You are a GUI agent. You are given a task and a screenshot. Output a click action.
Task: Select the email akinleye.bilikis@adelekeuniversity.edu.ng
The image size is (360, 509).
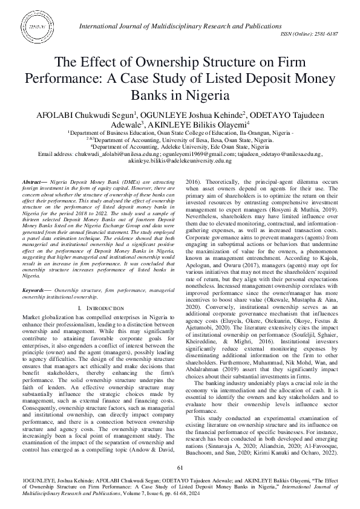(180, 160)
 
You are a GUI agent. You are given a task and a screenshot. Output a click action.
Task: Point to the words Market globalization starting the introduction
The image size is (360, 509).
(53, 317)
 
